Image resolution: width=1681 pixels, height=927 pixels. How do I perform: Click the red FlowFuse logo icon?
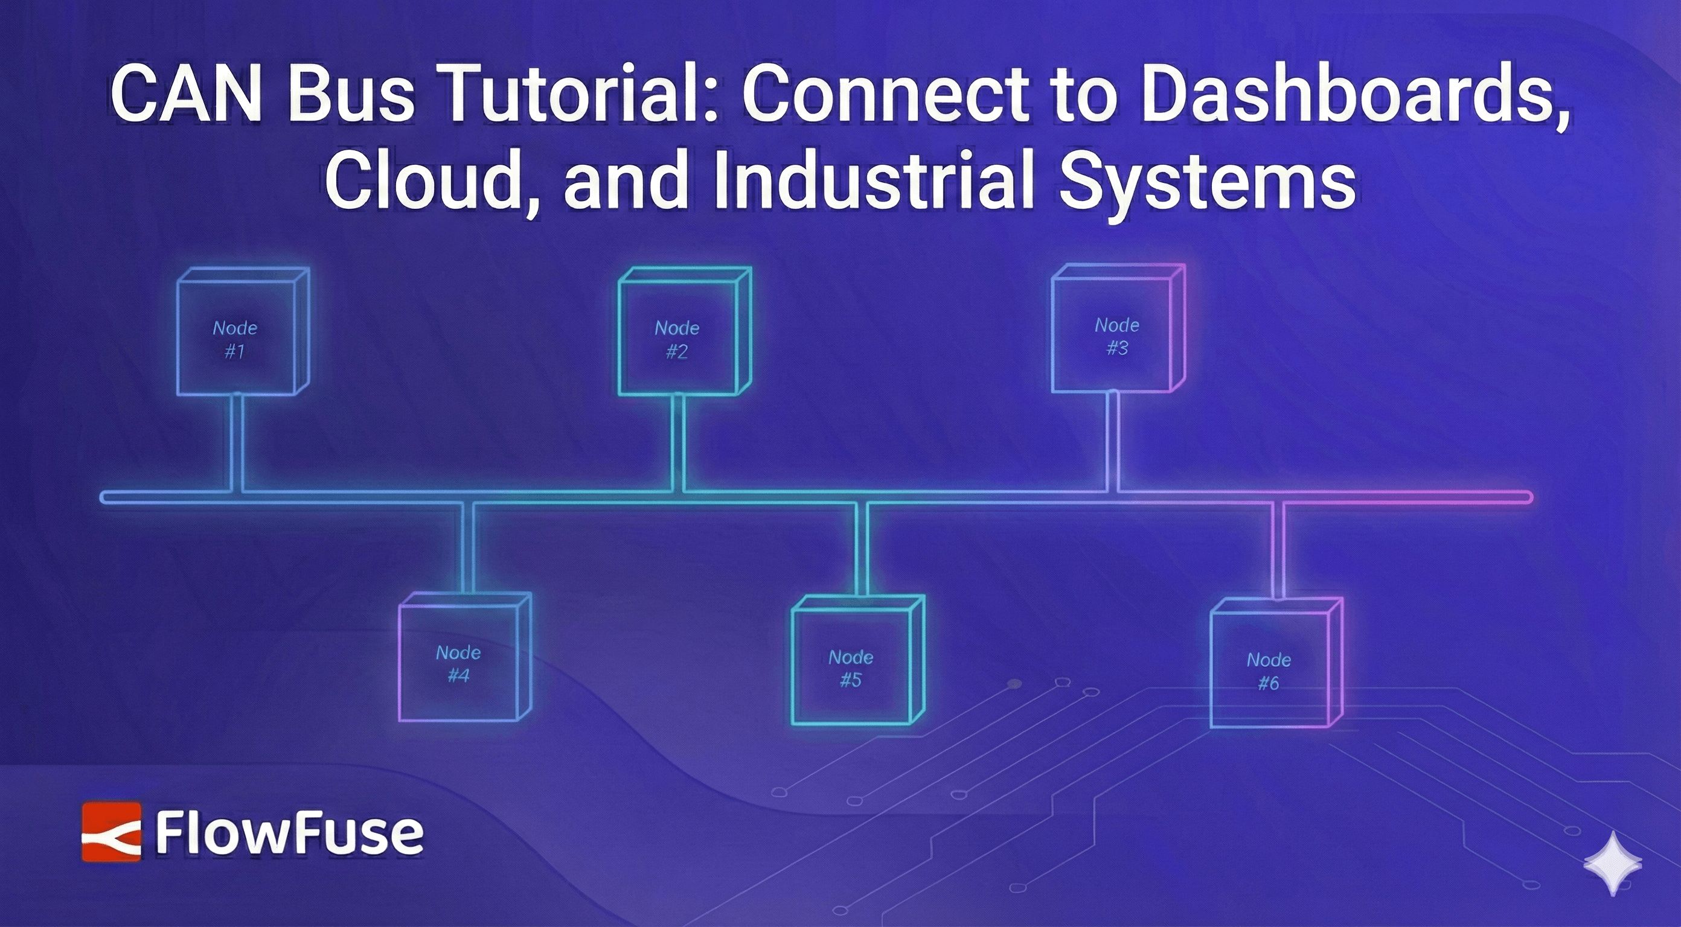click(x=111, y=832)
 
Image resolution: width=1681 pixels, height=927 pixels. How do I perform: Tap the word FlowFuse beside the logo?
click(x=289, y=833)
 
